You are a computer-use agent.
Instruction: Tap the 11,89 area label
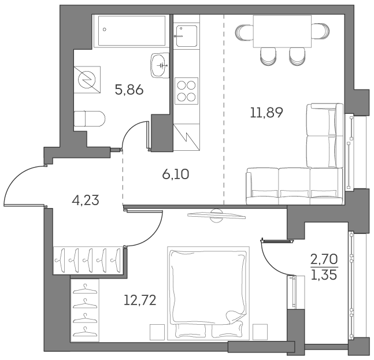click(x=266, y=113)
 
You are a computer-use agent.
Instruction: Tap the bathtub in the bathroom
click(x=132, y=29)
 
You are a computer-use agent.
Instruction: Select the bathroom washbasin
click(x=159, y=64)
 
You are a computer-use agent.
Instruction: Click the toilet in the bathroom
click(x=91, y=119)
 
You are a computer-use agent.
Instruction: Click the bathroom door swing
click(x=137, y=136)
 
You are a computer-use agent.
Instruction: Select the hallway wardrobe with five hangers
click(x=88, y=260)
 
